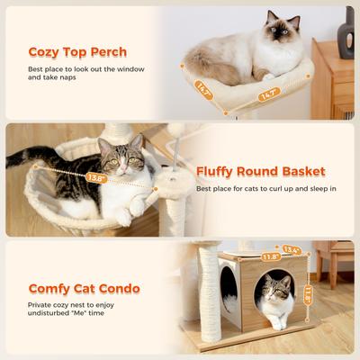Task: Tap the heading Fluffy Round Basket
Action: point(261,171)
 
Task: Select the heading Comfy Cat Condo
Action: point(84,289)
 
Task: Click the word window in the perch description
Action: point(130,69)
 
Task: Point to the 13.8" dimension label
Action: point(96,178)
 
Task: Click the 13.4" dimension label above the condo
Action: point(291,250)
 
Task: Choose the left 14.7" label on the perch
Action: point(204,89)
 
